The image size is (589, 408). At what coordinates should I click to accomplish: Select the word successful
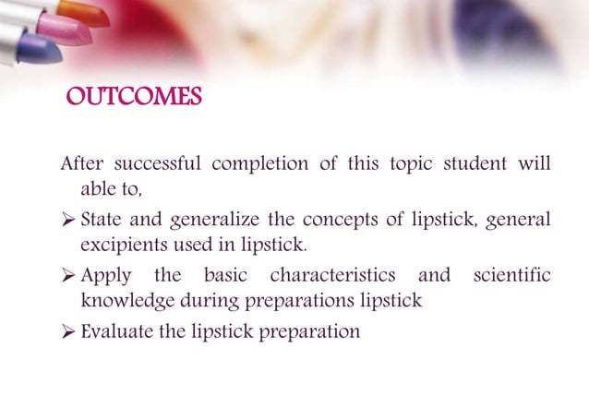tap(157, 165)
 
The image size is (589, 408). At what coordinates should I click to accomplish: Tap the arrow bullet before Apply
tap(69, 276)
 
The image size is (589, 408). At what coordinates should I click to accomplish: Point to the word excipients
tap(119, 245)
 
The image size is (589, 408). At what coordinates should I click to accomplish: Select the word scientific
tap(512, 276)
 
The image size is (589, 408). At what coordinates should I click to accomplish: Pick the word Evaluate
tap(115, 330)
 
